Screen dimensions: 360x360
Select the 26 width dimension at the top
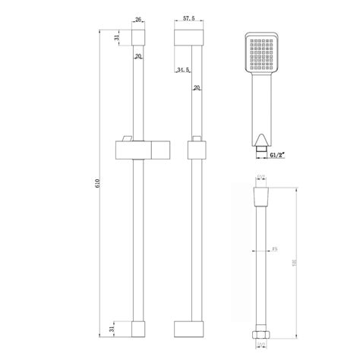click(137, 21)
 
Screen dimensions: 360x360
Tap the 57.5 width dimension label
click(189, 21)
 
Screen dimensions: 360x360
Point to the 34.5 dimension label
click(182, 70)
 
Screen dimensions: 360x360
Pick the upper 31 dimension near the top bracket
click(115, 39)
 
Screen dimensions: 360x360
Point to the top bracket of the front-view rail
click(137, 37)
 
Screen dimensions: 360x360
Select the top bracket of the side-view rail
click(190, 37)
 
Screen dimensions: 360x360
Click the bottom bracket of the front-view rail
click(137, 328)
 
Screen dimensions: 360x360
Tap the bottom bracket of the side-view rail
click(190, 328)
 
